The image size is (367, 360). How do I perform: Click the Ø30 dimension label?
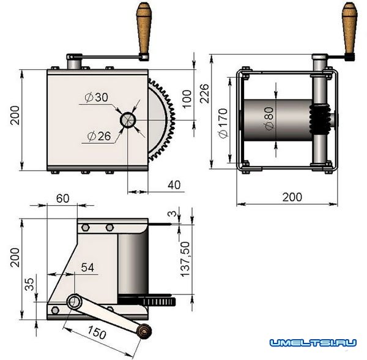point(97,97)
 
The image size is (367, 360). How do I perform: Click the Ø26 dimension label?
point(98,136)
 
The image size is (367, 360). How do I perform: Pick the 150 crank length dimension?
point(96,334)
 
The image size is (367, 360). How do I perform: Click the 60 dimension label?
point(62,199)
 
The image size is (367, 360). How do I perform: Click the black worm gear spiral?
point(323,119)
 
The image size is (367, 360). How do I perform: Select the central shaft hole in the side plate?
point(128,120)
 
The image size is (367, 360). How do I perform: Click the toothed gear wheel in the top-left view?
point(164,120)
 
